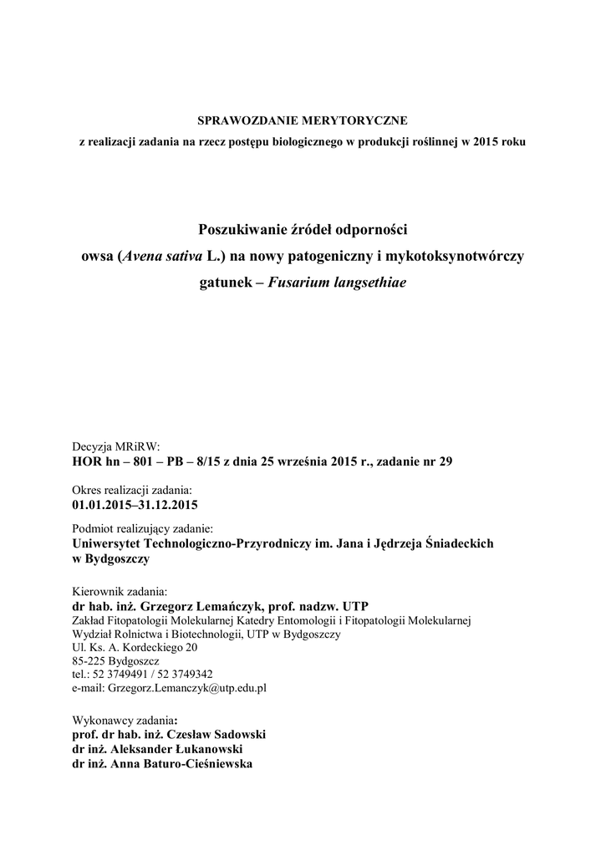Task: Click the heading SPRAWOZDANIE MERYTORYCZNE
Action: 303,121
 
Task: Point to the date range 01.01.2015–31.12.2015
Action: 135,503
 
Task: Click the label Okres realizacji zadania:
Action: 132,489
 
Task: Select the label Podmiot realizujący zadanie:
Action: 143,529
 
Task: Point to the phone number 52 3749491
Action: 120,674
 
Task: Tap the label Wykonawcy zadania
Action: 124,720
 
